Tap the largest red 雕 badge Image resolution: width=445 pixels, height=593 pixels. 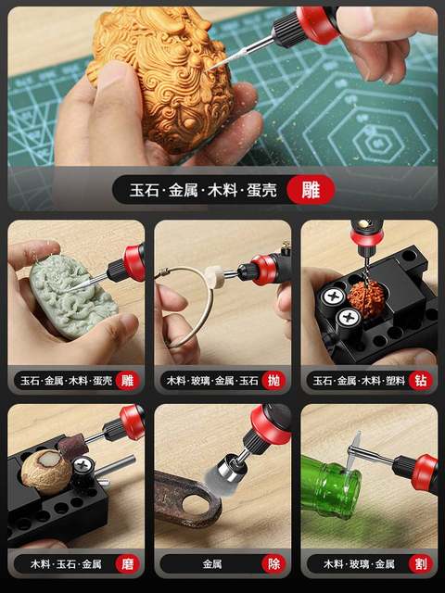[x=304, y=190]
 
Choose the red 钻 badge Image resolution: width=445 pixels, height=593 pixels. [x=420, y=380]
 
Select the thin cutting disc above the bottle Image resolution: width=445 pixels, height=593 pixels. [x=355, y=451]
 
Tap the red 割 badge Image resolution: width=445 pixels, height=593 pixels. [x=420, y=562]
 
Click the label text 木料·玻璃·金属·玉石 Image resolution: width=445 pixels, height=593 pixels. [x=210, y=380]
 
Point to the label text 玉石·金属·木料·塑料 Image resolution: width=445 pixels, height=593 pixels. [x=357, y=380]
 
